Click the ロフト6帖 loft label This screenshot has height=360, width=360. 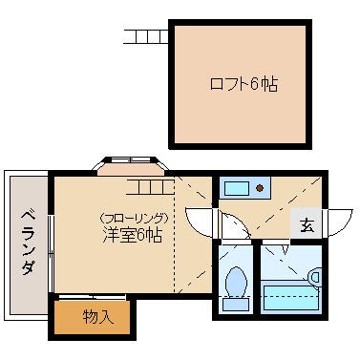244,84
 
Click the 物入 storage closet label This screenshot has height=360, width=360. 99,316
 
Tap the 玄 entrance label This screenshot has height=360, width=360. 307,225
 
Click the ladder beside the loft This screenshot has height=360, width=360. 146,38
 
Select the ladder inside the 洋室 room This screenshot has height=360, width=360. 148,185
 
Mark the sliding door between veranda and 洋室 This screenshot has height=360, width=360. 49,239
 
